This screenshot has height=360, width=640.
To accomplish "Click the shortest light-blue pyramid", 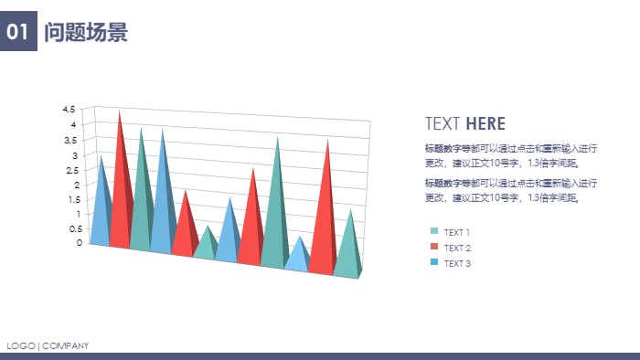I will pos(297,257).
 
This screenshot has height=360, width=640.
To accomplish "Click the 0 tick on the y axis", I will pos(80,243).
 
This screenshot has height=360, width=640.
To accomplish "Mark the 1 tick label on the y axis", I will pos(80,214).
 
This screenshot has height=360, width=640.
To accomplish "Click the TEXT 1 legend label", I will pos(457,232).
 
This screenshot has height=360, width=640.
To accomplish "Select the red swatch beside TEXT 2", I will pos(434,248).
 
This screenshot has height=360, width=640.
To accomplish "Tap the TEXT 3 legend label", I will pos(457,264).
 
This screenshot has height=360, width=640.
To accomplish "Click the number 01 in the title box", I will pos(17,33).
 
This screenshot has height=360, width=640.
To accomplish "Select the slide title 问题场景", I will pos(86,33).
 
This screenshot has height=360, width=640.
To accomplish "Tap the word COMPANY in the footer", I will pos(66,345).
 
